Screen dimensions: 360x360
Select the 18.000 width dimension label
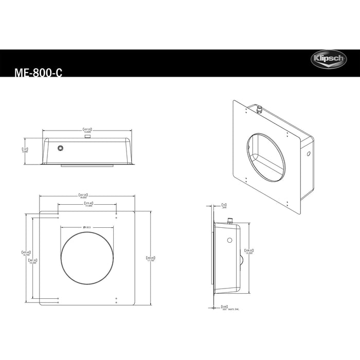(83, 196)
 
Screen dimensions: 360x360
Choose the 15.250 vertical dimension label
(32, 261)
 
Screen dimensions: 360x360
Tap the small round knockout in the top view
(62, 148)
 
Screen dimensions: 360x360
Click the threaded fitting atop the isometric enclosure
(259, 110)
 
